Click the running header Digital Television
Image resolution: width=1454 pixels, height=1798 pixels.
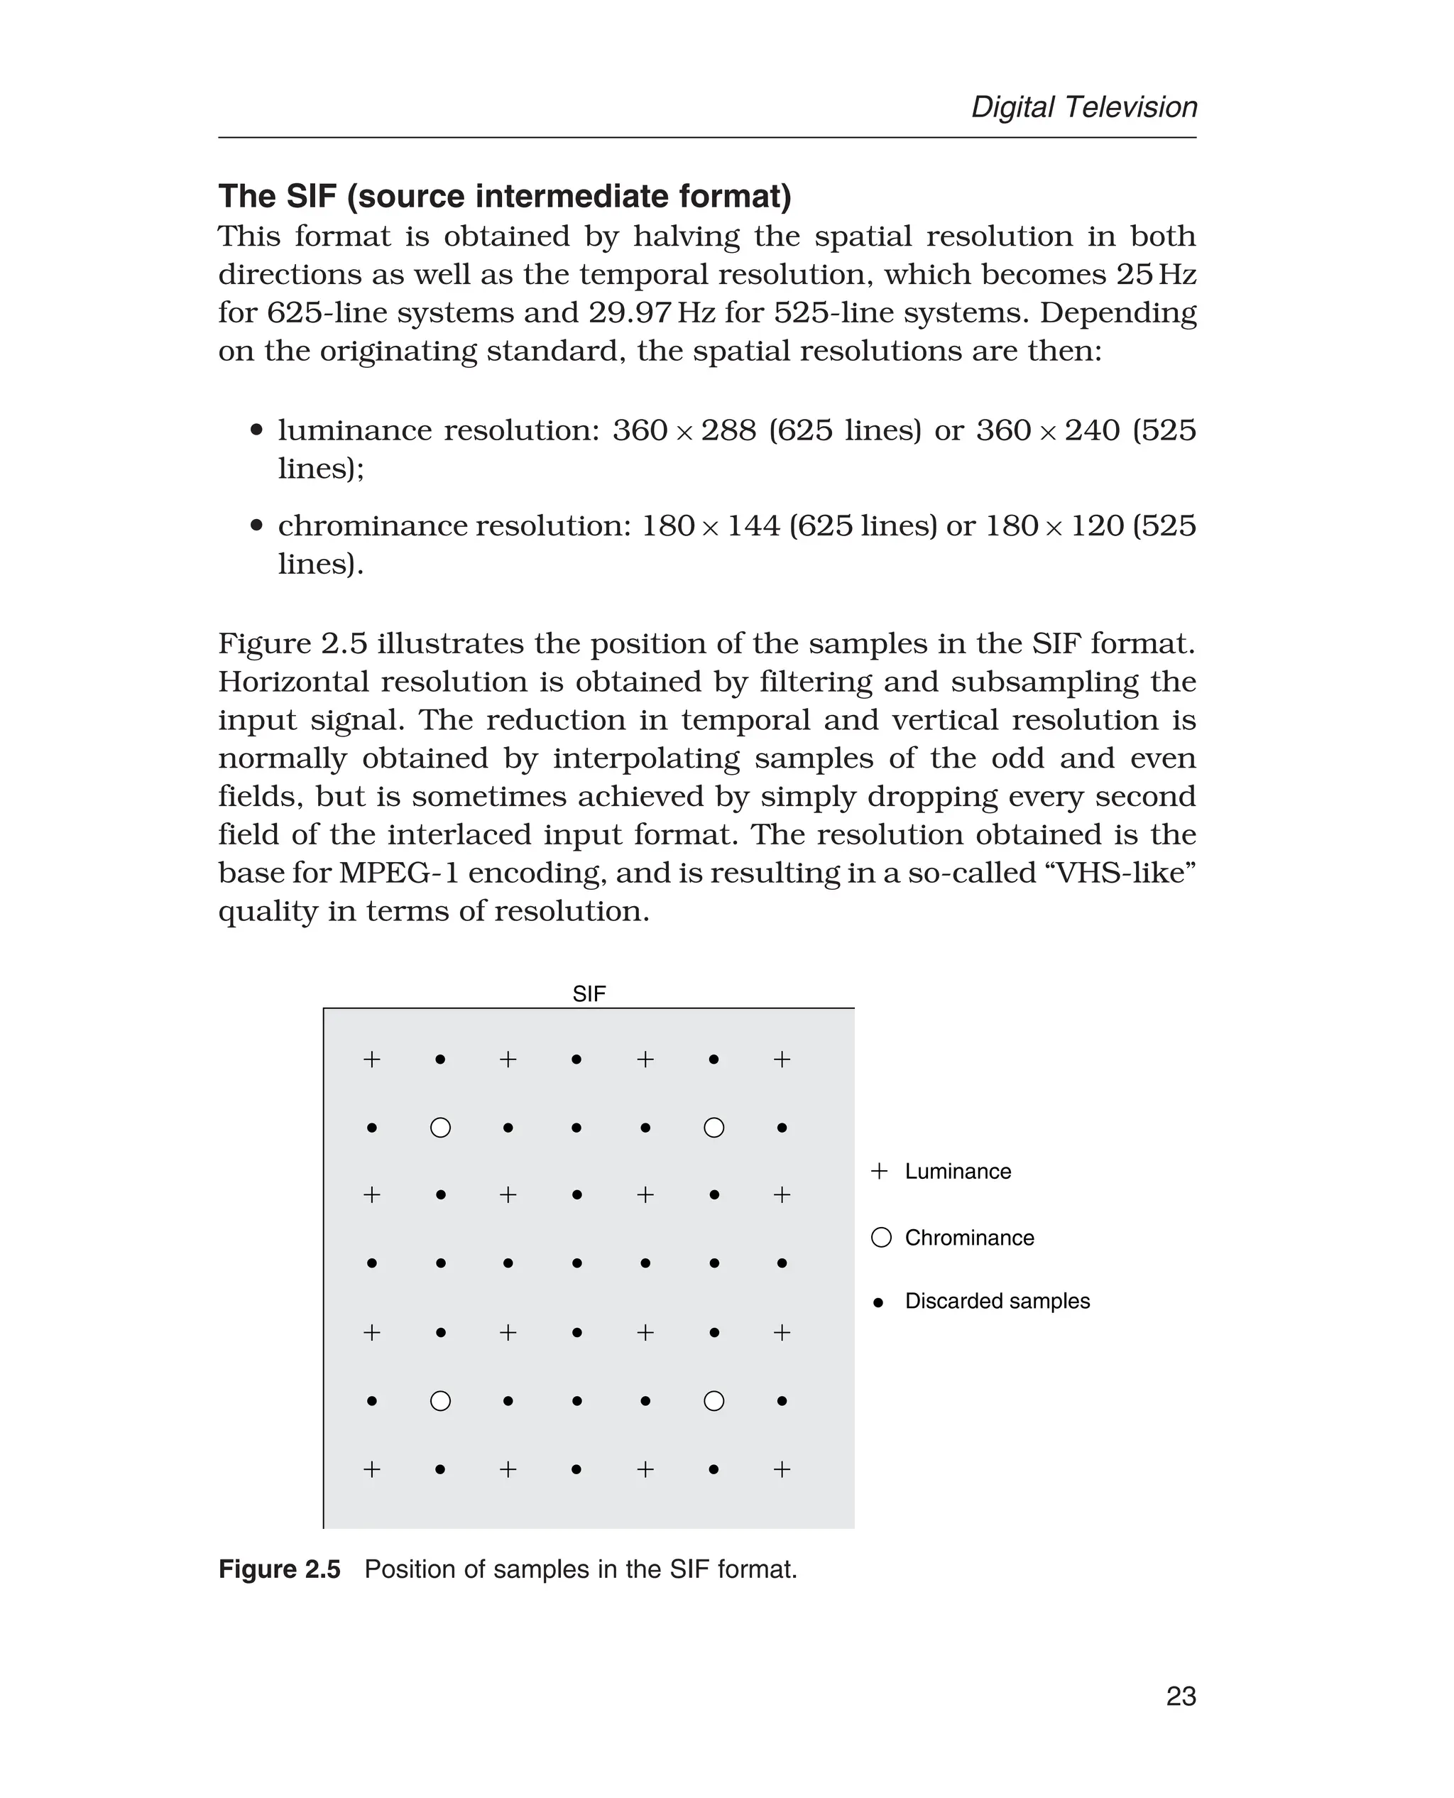click(x=1084, y=107)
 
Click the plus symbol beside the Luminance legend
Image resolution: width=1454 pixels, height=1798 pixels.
click(x=879, y=1171)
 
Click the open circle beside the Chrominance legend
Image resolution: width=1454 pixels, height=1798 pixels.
click(x=881, y=1238)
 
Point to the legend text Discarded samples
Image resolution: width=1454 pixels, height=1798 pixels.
click(x=997, y=1301)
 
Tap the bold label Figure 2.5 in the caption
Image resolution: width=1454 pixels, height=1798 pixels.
click(x=279, y=1569)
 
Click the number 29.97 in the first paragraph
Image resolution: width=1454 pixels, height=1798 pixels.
click(x=630, y=312)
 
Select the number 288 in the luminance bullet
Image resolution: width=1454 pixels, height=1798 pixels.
click(x=728, y=430)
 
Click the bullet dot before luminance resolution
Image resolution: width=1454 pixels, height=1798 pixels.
click(x=257, y=430)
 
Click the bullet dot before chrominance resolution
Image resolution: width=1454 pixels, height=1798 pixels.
click(x=257, y=526)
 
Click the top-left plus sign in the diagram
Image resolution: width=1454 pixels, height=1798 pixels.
click(x=372, y=1060)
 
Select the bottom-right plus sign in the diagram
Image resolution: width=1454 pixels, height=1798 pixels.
click(x=782, y=1469)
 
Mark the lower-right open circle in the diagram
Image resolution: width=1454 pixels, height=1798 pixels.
click(x=714, y=1401)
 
